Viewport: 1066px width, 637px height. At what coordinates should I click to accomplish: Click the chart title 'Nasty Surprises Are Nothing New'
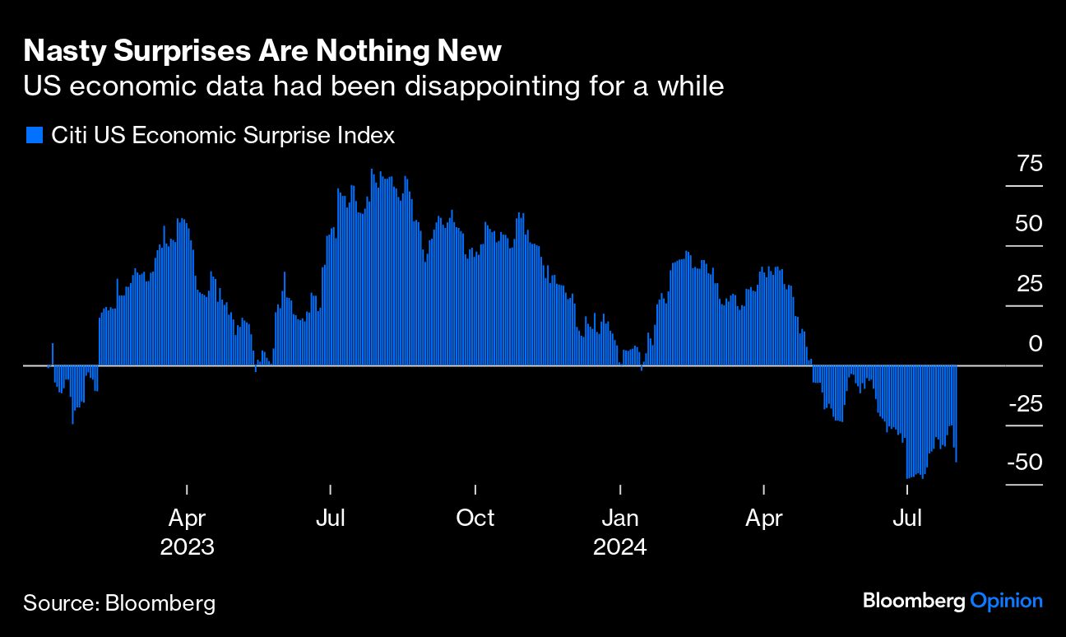(262, 51)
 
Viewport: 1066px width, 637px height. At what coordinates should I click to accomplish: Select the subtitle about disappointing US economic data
(373, 86)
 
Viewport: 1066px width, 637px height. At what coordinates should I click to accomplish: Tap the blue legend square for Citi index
(34, 136)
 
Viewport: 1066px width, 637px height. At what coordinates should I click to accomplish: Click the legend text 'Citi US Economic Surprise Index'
(223, 136)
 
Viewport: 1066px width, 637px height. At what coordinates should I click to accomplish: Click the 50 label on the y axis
(1029, 224)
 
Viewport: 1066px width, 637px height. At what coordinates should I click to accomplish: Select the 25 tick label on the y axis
(1029, 284)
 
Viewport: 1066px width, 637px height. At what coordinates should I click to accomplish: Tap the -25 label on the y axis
(1026, 404)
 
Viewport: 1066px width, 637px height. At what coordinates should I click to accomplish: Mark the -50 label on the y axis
(1026, 463)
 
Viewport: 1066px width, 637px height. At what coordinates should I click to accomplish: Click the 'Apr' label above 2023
(188, 518)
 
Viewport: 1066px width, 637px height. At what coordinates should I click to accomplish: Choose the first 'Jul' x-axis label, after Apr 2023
(331, 518)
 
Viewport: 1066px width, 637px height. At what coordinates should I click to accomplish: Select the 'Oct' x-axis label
(475, 518)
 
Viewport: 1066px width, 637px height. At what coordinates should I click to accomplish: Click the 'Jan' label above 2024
(620, 518)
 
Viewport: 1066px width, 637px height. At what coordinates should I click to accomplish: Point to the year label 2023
(188, 546)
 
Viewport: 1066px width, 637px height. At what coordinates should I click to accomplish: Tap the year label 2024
(620, 546)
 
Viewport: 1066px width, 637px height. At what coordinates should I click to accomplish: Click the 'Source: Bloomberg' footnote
(119, 602)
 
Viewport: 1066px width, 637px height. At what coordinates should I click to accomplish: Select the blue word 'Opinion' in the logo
(1007, 601)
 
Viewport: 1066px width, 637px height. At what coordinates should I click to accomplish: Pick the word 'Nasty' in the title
(61, 51)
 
